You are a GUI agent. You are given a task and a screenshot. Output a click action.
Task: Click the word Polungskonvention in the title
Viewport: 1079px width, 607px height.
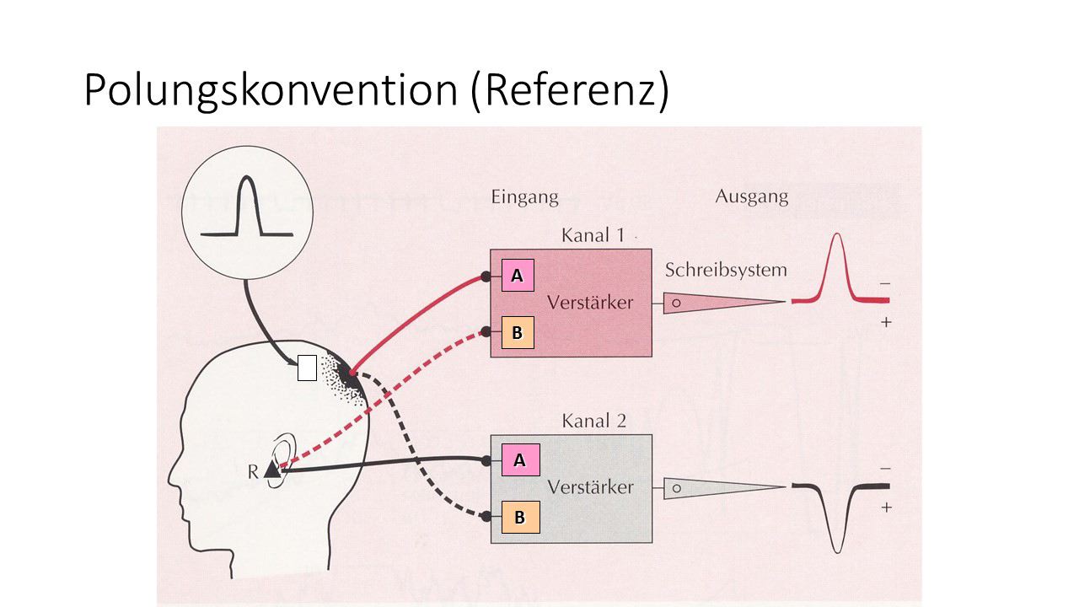[x=271, y=90]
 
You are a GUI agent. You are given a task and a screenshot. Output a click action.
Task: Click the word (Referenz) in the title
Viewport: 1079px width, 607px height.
[x=571, y=90]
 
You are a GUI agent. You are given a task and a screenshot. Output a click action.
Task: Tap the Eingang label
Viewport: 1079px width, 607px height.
[x=524, y=197]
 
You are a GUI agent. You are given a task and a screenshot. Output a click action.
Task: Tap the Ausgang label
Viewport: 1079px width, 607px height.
[x=751, y=196]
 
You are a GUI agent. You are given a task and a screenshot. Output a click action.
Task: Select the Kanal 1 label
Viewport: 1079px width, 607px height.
[x=593, y=235]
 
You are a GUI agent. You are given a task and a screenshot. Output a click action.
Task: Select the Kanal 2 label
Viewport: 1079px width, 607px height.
[x=593, y=421]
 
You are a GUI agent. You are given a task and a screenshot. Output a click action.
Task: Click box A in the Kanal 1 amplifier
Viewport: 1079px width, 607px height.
[x=518, y=276]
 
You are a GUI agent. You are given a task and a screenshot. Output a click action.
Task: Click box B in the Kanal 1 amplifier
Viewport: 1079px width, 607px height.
[x=518, y=332]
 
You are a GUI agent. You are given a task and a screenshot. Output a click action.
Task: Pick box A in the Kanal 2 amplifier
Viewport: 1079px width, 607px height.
[x=520, y=460]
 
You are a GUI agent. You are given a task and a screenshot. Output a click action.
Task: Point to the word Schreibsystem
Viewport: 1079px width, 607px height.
[x=725, y=271]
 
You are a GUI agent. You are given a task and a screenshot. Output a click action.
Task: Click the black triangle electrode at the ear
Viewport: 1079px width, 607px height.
[x=272, y=470]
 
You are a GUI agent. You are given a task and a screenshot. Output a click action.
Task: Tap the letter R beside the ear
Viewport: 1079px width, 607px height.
[x=253, y=472]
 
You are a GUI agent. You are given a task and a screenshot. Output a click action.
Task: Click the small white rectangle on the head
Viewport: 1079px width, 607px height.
[x=307, y=368]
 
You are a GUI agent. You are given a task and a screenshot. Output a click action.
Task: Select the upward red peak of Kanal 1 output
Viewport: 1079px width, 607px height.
[x=836, y=244]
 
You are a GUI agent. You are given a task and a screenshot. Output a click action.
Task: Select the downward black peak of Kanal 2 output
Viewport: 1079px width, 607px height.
[x=836, y=544]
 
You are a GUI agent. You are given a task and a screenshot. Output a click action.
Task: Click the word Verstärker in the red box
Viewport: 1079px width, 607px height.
[x=589, y=303]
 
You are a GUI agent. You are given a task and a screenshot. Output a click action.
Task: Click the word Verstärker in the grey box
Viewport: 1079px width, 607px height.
[x=589, y=487]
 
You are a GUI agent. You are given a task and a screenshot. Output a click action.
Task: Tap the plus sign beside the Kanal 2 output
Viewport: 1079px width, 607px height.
[x=886, y=508]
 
